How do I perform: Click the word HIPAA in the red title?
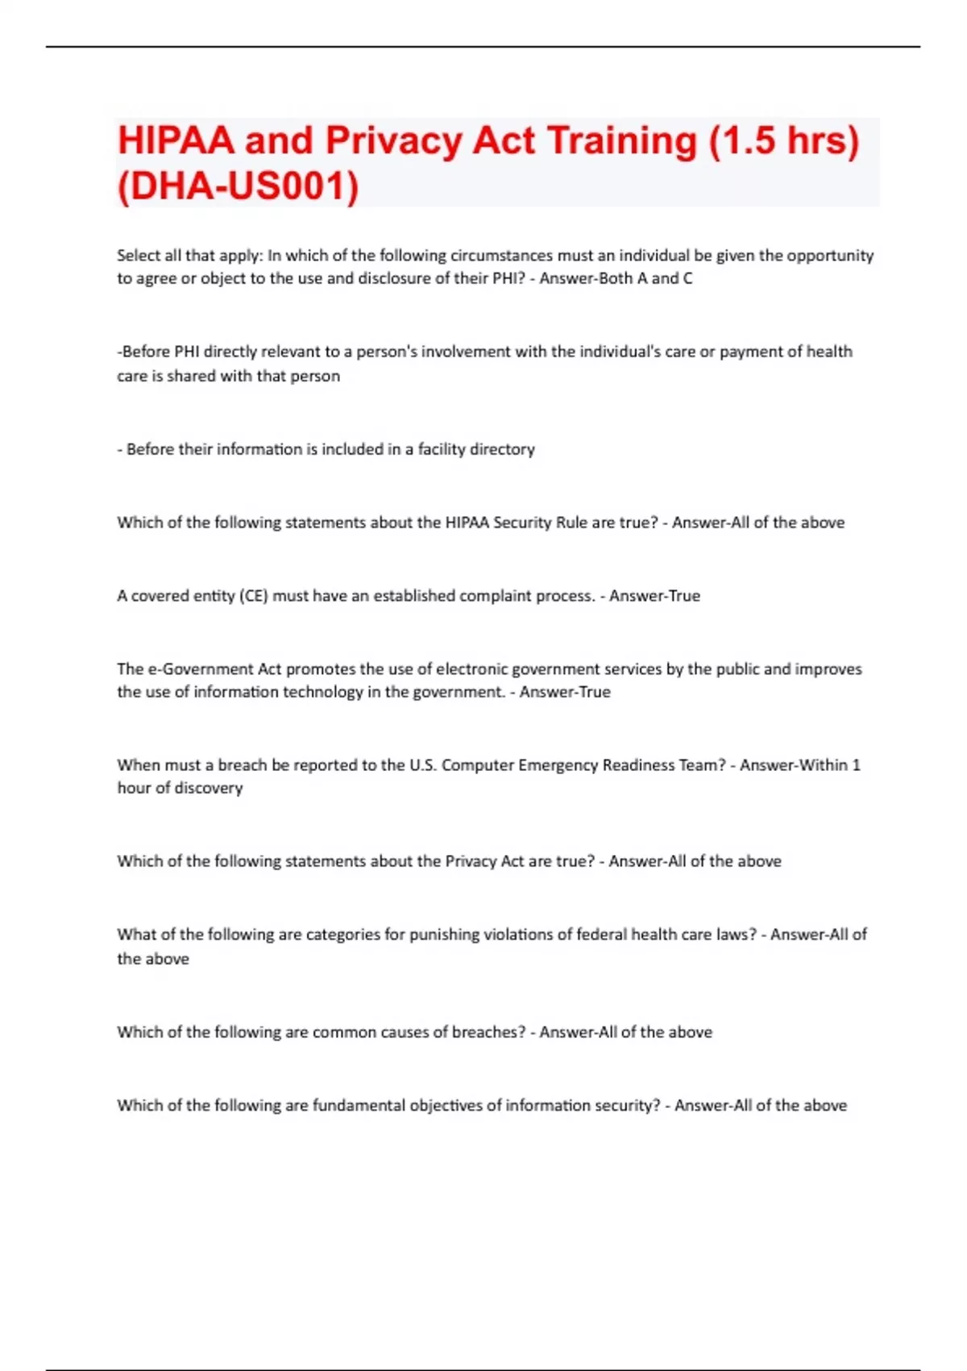pyautogui.click(x=176, y=140)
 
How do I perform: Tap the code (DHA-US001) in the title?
pyautogui.click(x=238, y=186)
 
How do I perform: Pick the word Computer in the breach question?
pyautogui.click(x=476, y=765)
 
